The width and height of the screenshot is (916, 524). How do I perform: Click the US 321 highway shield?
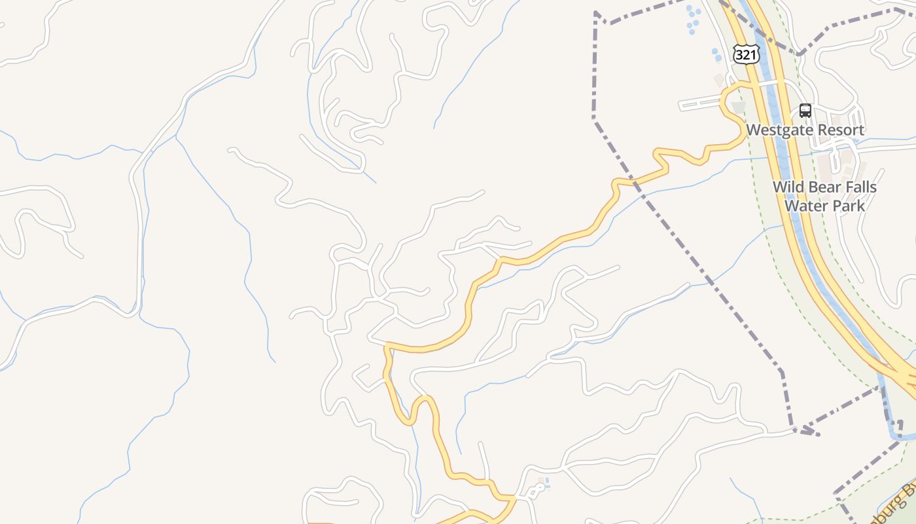click(x=746, y=54)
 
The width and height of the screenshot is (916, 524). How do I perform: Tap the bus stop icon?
click(x=805, y=111)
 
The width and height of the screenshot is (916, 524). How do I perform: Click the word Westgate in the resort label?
click(x=775, y=130)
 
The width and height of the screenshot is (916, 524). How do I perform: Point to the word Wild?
click(x=787, y=187)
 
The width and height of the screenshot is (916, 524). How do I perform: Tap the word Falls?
click(x=859, y=187)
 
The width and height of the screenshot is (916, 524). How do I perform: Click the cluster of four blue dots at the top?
click(x=691, y=20)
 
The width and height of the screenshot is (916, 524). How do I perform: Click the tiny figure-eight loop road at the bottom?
click(x=536, y=492)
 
